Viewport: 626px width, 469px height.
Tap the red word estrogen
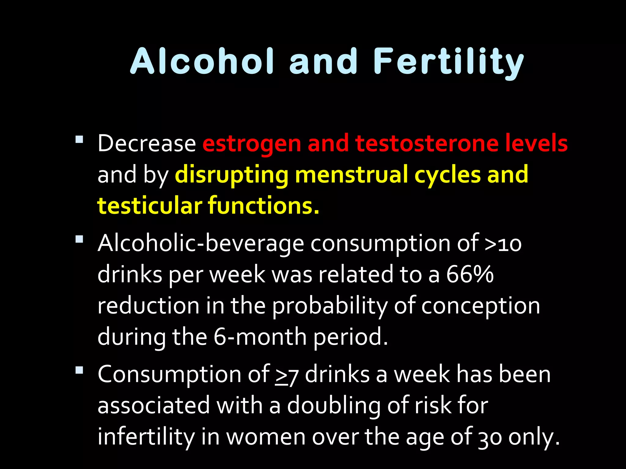(252, 144)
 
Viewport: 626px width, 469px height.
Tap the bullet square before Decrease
(79, 140)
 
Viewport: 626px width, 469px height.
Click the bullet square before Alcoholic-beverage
(79, 239)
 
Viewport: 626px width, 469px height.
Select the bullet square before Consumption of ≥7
(79, 370)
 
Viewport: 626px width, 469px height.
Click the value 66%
(470, 274)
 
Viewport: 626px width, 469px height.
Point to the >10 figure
(503, 244)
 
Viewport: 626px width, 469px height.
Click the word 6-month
(260, 337)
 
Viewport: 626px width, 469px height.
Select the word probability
(330, 306)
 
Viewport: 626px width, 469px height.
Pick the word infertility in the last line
(146, 437)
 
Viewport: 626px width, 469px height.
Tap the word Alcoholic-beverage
(201, 243)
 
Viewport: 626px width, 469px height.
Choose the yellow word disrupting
(231, 175)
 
